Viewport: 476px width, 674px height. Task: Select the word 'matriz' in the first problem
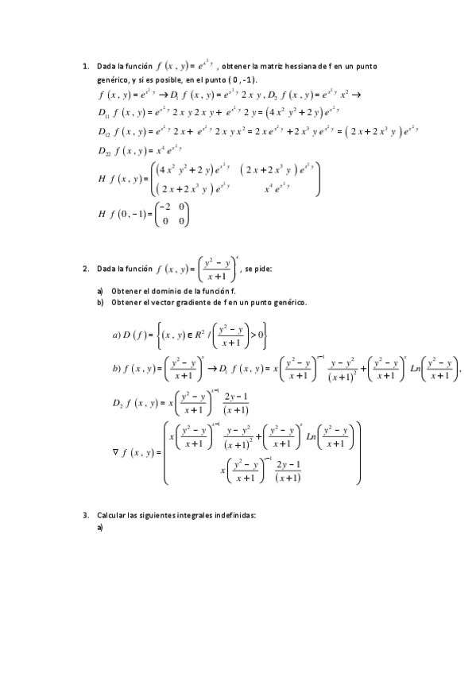point(273,68)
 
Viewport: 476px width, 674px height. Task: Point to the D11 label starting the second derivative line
point(104,111)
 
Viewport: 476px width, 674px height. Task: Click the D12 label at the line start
point(104,130)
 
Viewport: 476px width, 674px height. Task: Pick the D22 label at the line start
point(104,149)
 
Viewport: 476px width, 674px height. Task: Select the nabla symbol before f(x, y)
point(118,452)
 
